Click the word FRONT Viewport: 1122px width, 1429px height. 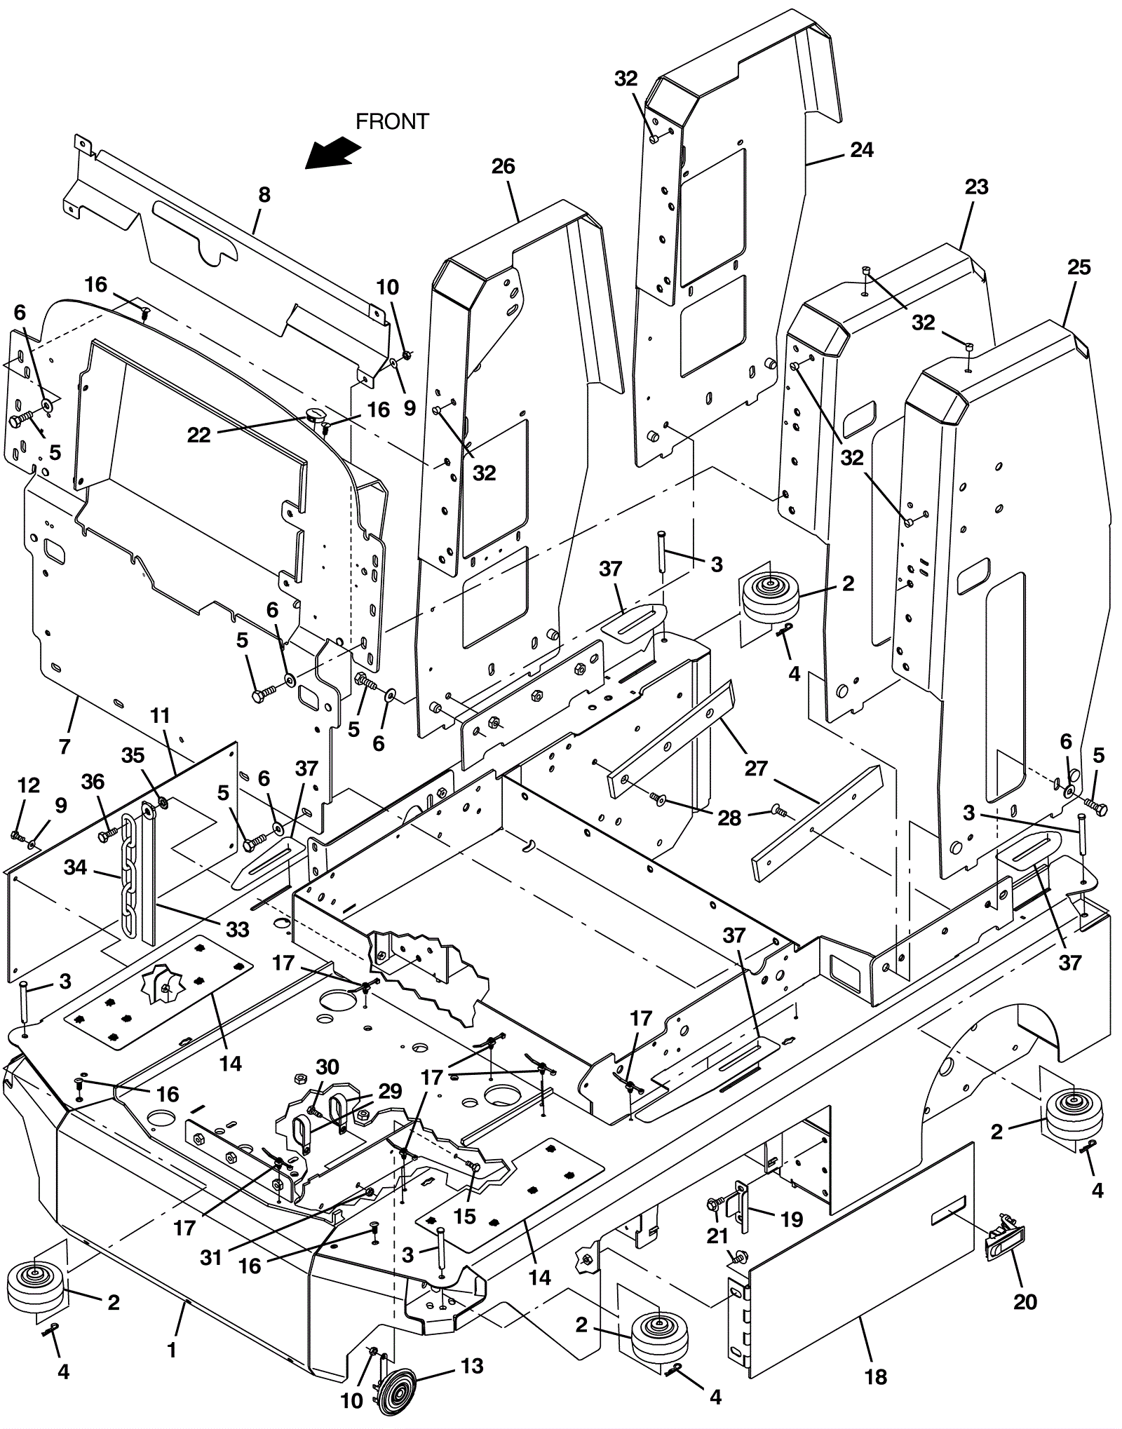click(392, 121)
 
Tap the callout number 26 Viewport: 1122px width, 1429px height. click(503, 166)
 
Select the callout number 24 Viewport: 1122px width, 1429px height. click(862, 150)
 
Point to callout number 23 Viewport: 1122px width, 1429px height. click(976, 187)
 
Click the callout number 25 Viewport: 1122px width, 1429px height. click(1079, 267)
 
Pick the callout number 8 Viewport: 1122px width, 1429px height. click(264, 194)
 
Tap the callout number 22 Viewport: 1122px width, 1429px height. click(199, 435)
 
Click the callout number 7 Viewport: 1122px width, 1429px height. click(65, 746)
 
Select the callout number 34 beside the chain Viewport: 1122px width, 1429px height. click(75, 867)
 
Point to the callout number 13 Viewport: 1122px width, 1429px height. click(472, 1366)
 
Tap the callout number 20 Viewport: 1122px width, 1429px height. click(1025, 1301)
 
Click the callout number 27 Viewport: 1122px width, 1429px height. click(755, 768)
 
